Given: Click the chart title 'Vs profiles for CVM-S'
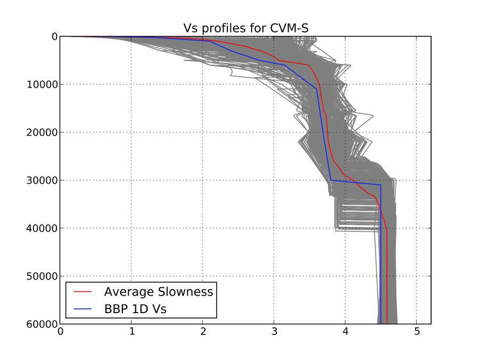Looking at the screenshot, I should [x=245, y=28].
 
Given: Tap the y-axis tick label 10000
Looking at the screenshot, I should [x=40, y=85].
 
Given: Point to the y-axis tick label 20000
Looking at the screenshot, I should [x=40, y=133].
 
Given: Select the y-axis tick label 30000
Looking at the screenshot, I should [x=40, y=181].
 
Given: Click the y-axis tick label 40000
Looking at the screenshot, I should [x=40, y=228].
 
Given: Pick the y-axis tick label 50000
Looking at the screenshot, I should [x=40, y=276].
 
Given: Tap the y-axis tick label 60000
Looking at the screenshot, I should [x=40, y=324].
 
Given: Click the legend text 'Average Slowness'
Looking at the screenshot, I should [x=158, y=292].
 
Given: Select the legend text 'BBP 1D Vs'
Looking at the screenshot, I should [x=135, y=309].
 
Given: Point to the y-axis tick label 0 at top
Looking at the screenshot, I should [x=54, y=37].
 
